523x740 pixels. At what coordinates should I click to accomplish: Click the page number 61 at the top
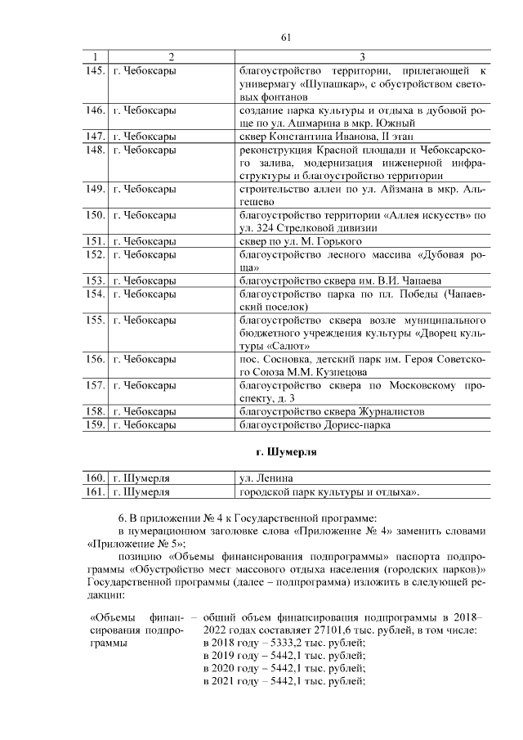pyautogui.click(x=286, y=38)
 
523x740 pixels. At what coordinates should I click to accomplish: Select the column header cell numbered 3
pyautogui.click(x=362, y=56)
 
